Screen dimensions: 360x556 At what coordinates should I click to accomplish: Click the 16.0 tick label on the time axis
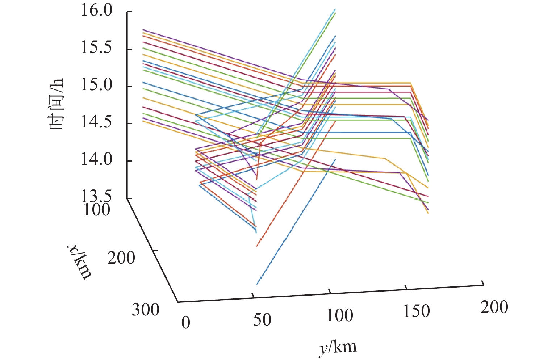[96, 11]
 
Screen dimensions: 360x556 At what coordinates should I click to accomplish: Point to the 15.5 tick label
[96, 48]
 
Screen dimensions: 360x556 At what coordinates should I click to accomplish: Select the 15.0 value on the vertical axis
[96, 85]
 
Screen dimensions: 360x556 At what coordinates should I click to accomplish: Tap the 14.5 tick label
[96, 122]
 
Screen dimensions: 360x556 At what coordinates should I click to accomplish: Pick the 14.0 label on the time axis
[96, 160]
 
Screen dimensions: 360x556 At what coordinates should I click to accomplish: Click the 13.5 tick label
[96, 197]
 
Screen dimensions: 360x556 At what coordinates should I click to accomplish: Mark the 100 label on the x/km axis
[96, 210]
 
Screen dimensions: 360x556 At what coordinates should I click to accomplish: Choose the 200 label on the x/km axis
[121, 258]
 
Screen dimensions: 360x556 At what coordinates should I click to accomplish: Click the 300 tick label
[145, 310]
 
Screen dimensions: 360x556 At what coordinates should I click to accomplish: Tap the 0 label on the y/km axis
[185, 323]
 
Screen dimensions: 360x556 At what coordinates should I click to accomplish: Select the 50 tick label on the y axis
[262, 320]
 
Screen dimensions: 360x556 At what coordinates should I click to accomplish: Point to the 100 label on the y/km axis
[340, 315]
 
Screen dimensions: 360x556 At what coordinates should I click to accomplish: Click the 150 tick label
[417, 311]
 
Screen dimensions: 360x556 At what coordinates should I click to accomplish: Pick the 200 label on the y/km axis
[494, 307]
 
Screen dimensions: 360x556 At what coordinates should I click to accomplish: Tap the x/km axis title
[80, 261]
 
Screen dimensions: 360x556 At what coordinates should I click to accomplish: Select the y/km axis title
[338, 348]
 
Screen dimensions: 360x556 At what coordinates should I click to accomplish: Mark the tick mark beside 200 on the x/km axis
[154, 250]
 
